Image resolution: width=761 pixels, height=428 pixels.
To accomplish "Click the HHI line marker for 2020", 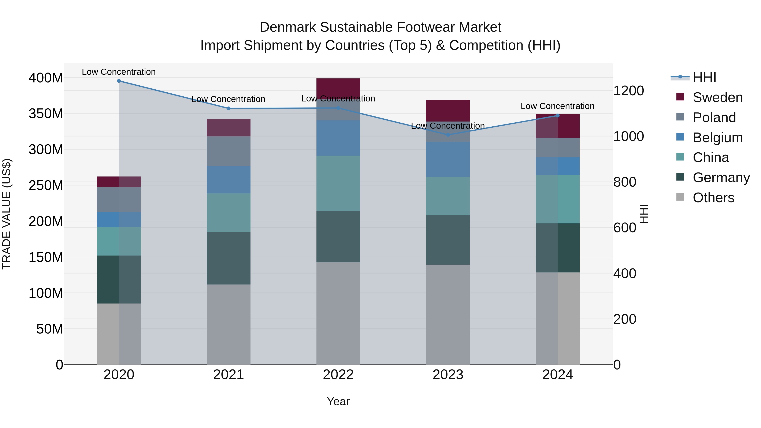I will [x=119, y=81].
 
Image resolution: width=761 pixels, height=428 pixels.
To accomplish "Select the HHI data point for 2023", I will [x=448, y=135].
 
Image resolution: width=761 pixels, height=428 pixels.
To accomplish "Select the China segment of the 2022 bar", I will [x=338, y=183].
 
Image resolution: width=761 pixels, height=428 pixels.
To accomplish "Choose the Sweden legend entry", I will [x=717, y=97].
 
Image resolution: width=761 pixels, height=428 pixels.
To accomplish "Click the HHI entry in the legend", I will [x=704, y=77].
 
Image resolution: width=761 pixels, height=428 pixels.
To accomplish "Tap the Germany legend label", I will [x=721, y=178].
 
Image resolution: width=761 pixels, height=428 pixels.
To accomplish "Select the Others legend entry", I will [x=713, y=198].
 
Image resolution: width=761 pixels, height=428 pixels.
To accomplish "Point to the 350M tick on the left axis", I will [x=46, y=113].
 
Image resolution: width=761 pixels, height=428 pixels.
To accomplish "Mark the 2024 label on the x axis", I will [x=557, y=375].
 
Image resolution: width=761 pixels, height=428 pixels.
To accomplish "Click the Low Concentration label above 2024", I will [x=557, y=106].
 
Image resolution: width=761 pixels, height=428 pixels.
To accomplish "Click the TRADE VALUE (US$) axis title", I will [x=7, y=214].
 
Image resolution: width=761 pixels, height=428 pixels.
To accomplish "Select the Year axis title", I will [x=338, y=401].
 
